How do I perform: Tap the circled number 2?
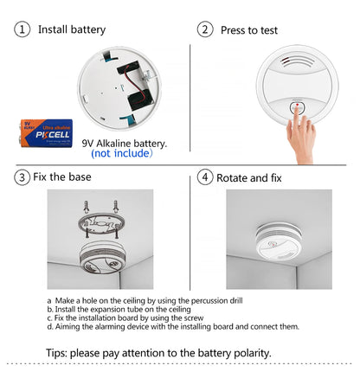[x=205, y=30]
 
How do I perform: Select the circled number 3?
[x=22, y=177]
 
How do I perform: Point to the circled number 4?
[x=205, y=177]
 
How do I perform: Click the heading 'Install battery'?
[x=71, y=30]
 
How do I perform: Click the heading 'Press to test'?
[x=249, y=30]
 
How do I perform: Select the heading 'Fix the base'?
[x=62, y=177]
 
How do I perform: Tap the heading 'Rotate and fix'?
[x=249, y=178]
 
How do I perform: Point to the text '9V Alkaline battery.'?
[x=125, y=142]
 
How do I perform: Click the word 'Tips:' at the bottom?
[x=61, y=353]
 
